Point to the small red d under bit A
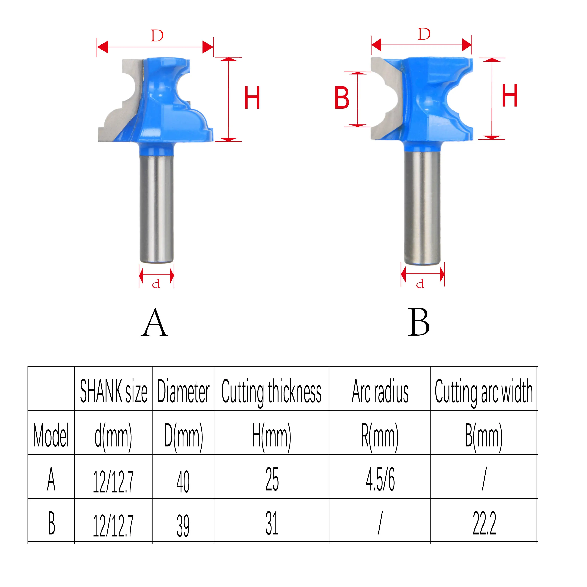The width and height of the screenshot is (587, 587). click(156, 284)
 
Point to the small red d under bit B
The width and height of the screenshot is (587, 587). click(420, 284)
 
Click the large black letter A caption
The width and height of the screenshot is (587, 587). click(155, 323)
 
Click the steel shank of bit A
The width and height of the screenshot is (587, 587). click(157, 207)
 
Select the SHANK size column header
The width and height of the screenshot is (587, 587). click(113, 392)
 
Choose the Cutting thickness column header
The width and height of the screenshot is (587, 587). click(271, 392)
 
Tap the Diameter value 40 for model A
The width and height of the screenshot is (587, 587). click(183, 482)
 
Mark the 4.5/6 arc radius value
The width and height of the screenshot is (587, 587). click(380, 480)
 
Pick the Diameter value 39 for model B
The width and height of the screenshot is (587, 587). click(183, 526)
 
